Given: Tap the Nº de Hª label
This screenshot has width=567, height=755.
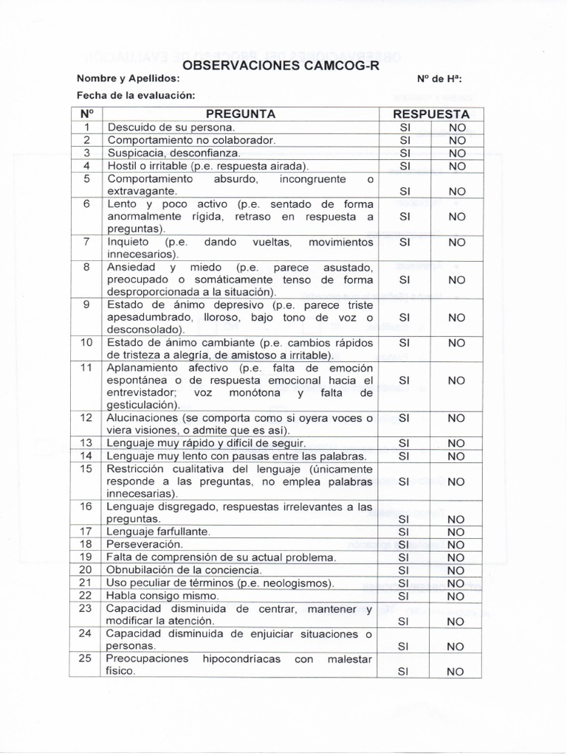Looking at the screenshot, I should pos(440,79).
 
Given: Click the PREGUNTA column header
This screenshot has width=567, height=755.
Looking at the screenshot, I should pos(241,114).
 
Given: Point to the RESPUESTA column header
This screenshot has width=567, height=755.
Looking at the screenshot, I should pos(431,114).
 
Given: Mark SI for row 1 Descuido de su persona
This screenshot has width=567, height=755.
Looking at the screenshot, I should pos(405,128).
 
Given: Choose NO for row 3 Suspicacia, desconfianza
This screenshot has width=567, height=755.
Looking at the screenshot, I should pos(457,153).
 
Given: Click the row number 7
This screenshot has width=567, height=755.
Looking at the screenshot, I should pos(86,242).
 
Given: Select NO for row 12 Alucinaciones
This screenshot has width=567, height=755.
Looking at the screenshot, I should pos(457,418).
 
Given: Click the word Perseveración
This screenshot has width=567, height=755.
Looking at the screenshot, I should pos(145,544).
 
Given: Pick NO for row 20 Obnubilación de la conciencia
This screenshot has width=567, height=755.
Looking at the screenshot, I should pos(456,570).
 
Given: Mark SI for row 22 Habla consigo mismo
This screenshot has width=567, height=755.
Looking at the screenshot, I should pos(404,596).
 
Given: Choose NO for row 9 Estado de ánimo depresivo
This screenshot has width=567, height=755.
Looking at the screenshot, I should pos(457,317).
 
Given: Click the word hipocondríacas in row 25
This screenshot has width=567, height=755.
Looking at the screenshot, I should pos(242,659).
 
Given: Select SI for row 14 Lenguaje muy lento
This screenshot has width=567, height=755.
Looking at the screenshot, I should pos(404,456).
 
